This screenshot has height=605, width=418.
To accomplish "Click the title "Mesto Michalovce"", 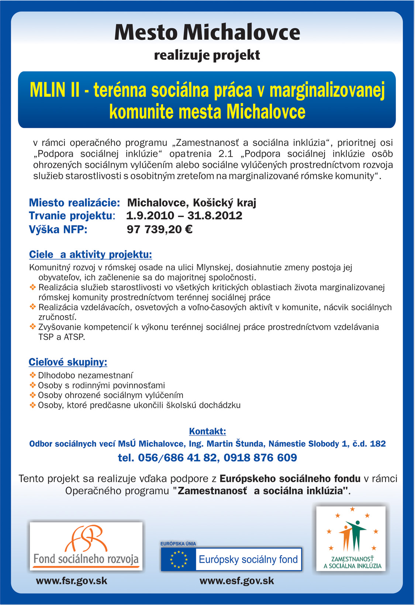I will [207, 32].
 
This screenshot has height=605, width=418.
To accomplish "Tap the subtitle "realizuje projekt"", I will [207, 55].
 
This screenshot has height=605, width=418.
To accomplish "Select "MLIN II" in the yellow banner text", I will [55, 90].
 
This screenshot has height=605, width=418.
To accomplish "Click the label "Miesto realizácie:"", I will [74, 203].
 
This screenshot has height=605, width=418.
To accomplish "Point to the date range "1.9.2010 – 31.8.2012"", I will [184, 216].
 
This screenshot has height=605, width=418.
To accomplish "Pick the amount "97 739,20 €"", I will [159, 229].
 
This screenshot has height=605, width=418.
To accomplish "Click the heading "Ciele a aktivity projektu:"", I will [90, 254].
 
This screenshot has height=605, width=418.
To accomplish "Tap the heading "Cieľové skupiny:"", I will [68, 362].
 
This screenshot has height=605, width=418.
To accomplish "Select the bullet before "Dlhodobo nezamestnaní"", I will [32, 375].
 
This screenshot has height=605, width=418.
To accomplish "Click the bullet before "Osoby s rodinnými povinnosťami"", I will [32, 385].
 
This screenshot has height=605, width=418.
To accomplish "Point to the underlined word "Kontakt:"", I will [207, 431].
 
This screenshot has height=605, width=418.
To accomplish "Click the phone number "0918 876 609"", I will [260, 458].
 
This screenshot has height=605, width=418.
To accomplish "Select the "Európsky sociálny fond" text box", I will [248, 559].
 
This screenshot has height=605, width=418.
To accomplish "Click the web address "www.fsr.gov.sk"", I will [72, 581].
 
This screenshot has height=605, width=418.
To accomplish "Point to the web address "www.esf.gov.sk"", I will [236, 581].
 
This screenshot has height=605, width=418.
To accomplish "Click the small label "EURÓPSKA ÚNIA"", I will [178, 544].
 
